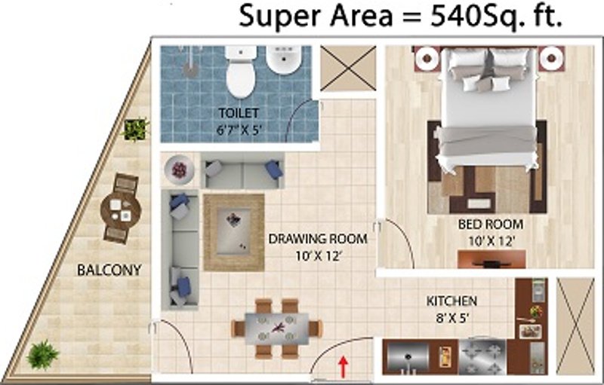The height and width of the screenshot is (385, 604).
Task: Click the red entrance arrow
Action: pyautogui.click(x=344, y=368)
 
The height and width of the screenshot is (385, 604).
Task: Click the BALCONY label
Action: pyautogui.click(x=109, y=270)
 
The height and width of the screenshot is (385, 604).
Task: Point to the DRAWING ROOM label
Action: pyautogui.click(x=318, y=240)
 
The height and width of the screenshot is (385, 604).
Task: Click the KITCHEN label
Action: pyautogui.click(x=451, y=301)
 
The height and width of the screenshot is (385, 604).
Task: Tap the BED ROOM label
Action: pyautogui.click(x=491, y=225)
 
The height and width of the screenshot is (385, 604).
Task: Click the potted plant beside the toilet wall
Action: pyautogui.click(x=136, y=130)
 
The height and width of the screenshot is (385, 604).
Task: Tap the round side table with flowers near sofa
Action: pyautogui.click(x=180, y=170)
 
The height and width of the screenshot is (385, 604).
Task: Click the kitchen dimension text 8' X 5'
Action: pyautogui.click(x=451, y=317)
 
